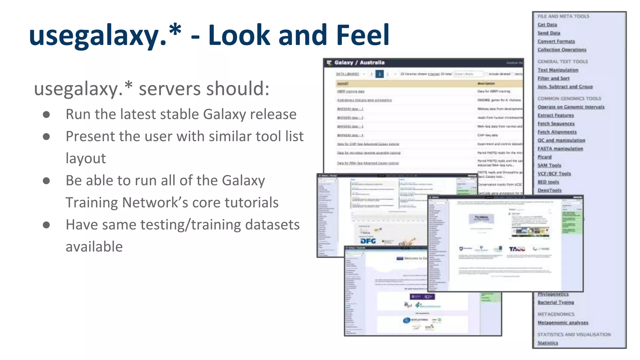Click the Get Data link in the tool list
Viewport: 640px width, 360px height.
pyautogui.click(x=547, y=25)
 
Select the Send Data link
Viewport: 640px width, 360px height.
pyautogui.click(x=549, y=33)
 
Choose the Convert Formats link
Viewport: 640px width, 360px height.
pyautogui.click(x=556, y=41)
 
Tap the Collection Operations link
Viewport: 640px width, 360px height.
pyautogui.click(x=562, y=50)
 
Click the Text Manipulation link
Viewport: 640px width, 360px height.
pyautogui.click(x=558, y=70)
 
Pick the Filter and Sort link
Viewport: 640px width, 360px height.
pyautogui.click(x=553, y=78)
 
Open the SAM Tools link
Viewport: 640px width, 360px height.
pyautogui.click(x=549, y=165)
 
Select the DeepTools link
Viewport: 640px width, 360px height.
pyautogui.click(x=549, y=190)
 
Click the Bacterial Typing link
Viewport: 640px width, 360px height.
pyautogui.click(x=556, y=302)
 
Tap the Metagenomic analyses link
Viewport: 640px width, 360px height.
pyautogui.click(x=563, y=323)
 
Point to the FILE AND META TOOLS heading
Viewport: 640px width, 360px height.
pyautogui.click(x=563, y=16)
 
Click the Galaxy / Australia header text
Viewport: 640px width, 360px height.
pyautogui.click(x=359, y=63)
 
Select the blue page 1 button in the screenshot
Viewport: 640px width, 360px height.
pyautogui.click(x=379, y=74)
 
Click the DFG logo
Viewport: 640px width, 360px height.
pyautogui.click(x=368, y=241)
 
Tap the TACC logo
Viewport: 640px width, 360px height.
pyautogui.click(x=517, y=249)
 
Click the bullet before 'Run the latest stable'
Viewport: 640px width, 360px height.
pyautogui.click(x=46, y=115)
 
